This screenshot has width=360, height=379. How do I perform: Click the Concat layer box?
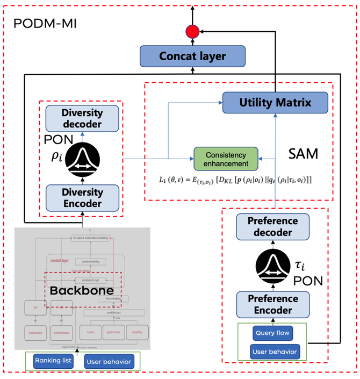192,56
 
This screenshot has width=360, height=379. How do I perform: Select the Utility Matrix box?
275,102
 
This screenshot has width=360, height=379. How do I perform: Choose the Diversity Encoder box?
82,197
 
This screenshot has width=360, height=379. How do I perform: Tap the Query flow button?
273,333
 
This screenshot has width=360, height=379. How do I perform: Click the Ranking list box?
53,361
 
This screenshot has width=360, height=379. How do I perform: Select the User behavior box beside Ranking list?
108,361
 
